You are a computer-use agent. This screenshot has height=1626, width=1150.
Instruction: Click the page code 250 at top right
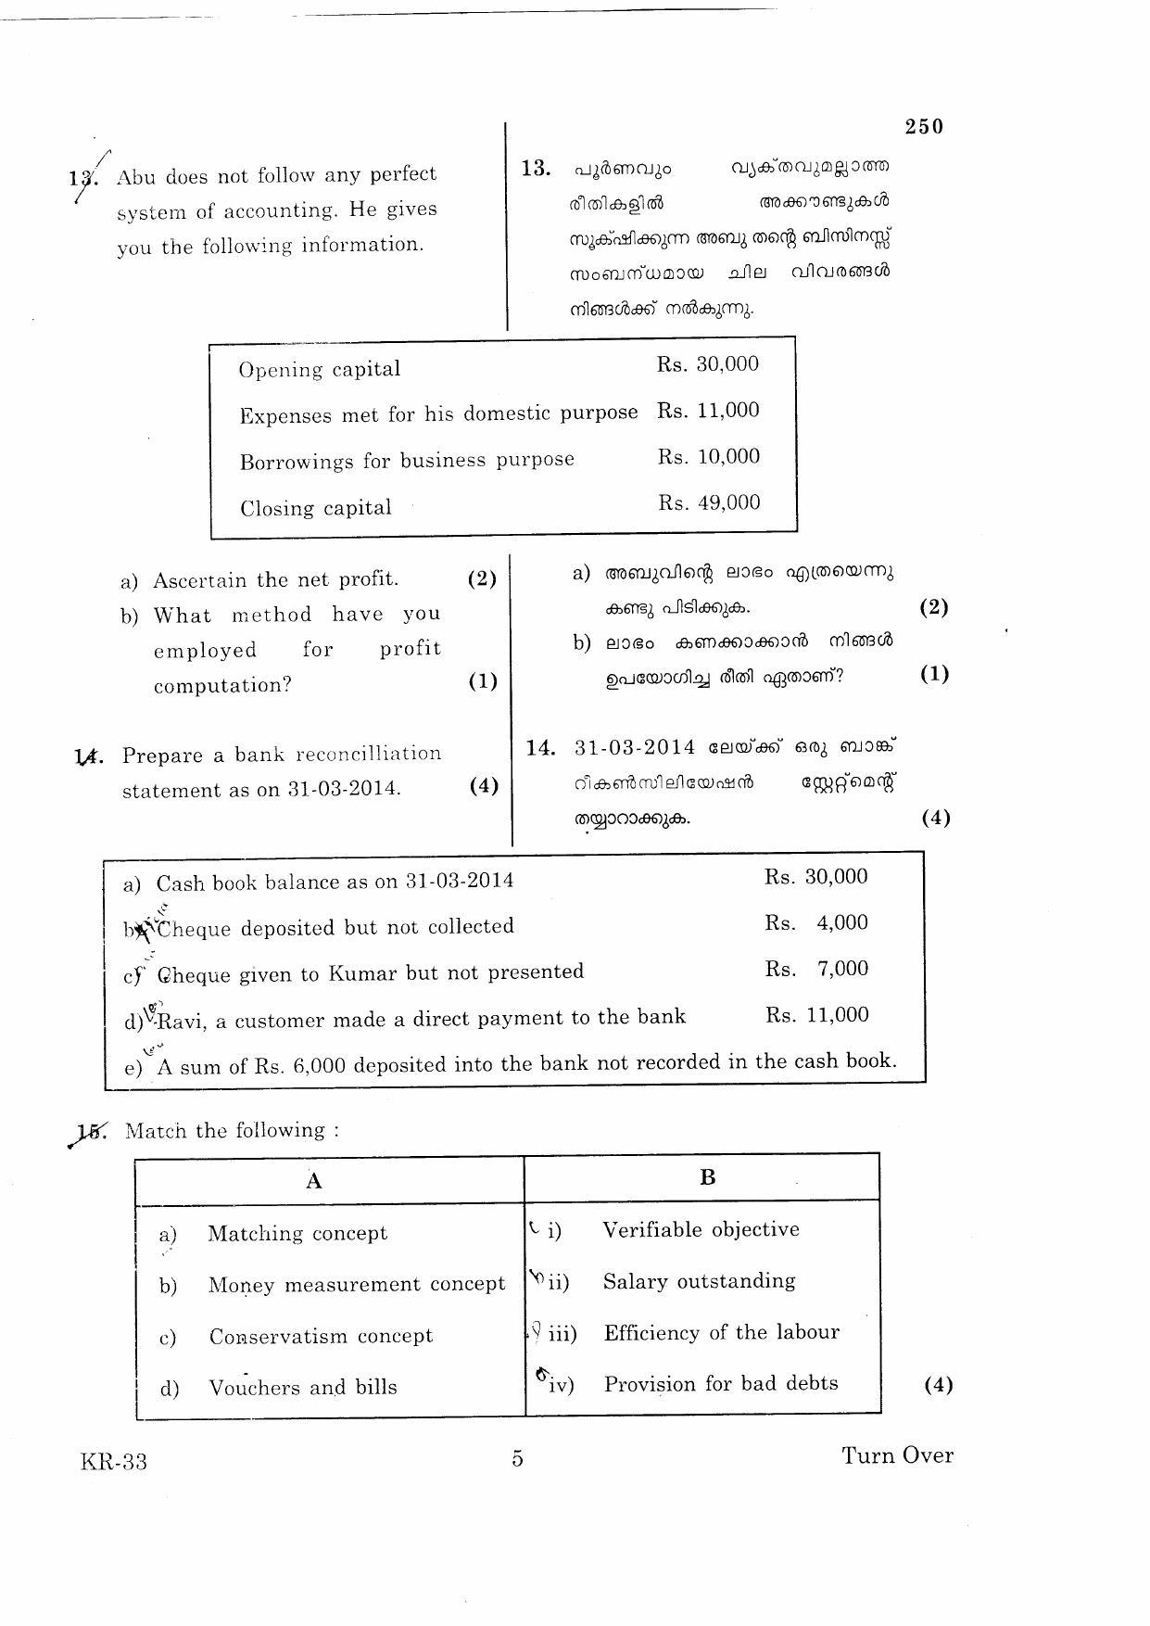click(x=923, y=127)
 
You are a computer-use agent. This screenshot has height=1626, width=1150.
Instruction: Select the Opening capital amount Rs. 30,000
click(x=708, y=364)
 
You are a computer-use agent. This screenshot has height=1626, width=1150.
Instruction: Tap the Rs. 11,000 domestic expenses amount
click(x=708, y=411)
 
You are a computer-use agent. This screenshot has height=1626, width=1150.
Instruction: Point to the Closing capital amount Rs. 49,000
click(x=709, y=503)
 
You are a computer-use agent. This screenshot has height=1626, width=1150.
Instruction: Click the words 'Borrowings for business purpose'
click(x=407, y=461)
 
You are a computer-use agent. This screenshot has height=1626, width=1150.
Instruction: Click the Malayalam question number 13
click(x=536, y=169)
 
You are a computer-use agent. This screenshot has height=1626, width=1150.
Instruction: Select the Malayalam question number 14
click(x=539, y=748)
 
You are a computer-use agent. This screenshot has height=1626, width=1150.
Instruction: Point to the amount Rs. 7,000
click(x=816, y=970)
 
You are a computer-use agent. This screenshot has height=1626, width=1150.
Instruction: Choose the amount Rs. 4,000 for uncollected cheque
click(x=816, y=923)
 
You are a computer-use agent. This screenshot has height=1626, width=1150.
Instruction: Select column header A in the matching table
click(x=314, y=1180)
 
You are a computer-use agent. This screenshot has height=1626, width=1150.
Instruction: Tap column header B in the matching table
click(x=707, y=1177)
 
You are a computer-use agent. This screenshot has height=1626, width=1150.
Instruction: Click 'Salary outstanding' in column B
click(x=699, y=1281)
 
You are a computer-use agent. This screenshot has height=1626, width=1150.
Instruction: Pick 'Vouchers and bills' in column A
click(x=302, y=1388)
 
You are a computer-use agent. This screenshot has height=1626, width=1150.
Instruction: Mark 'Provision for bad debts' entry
click(x=720, y=1384)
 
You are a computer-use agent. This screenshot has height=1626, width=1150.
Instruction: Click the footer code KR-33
click(x=113, y=1462)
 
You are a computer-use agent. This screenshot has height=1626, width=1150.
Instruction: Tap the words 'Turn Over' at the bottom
click(x=896, y=1455)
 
